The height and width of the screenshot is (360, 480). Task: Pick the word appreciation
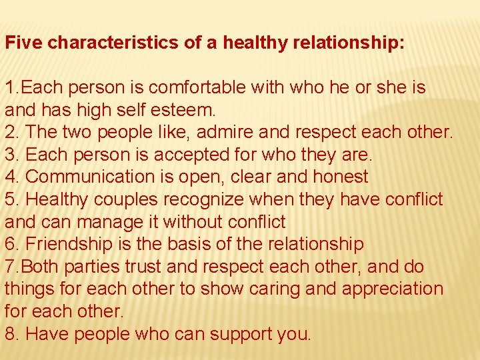(384, 289)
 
